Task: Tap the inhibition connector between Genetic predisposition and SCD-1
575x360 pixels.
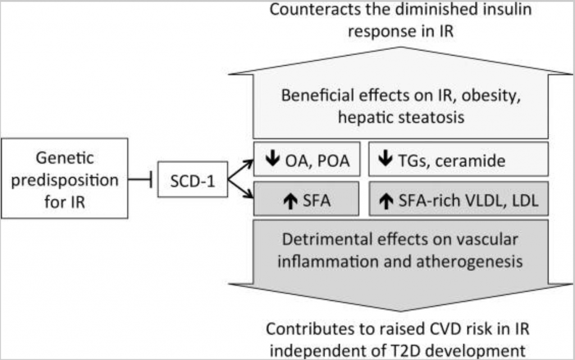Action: click(142, 180)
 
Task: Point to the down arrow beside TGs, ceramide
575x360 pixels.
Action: click(385, 160)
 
